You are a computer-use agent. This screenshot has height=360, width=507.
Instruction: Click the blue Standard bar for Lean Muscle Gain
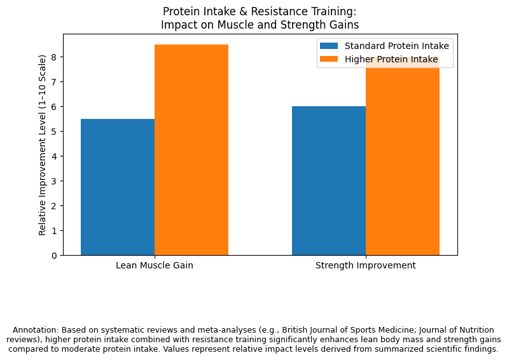[x=118, y=187]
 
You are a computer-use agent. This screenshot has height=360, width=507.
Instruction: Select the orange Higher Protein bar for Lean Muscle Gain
[x=191, y=149]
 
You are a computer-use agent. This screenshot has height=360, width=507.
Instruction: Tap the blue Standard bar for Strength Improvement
[x=329, y=181]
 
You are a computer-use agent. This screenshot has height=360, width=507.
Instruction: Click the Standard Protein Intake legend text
[x=397, y=46]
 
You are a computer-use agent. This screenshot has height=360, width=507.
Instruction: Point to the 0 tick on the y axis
[x=53, y=256]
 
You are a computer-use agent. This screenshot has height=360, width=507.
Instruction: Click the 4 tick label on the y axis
[x=53, y=156]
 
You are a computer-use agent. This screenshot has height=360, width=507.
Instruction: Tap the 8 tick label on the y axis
[x=53, y=57]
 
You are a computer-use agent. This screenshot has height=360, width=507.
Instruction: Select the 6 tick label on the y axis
[x=53, y=107]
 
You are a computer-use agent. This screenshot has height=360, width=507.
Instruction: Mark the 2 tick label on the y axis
[x=53, y=206]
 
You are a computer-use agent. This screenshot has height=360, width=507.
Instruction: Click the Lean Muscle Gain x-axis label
[x=155, y=265]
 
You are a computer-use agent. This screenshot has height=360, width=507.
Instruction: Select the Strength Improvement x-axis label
[x=366, y=265]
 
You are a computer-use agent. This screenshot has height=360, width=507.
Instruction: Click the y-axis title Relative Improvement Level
[x=43, y=144]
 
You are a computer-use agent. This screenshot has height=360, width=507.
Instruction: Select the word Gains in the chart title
[x=345, y=25]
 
